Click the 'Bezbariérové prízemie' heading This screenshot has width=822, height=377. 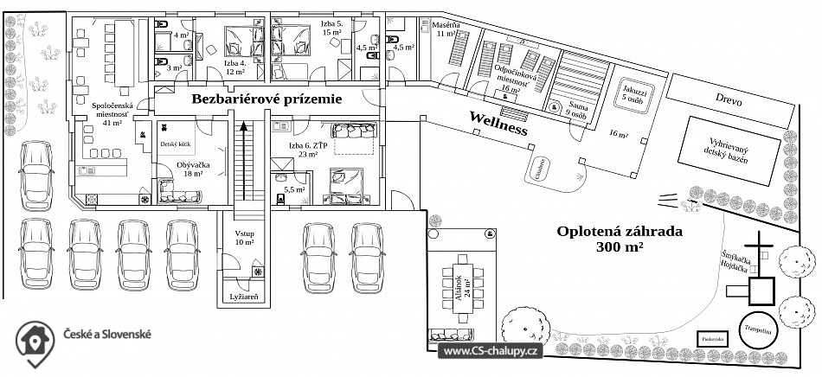point(267,99)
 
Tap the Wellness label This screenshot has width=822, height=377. point(498,122)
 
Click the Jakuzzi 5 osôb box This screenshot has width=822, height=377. point(634,93)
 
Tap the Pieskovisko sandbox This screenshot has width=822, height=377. point(713,338)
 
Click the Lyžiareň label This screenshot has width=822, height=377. point(243,297)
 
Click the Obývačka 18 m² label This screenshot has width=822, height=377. point(189,169)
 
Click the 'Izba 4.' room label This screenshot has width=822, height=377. point(235,67)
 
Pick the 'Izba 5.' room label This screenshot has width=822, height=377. point(332,29)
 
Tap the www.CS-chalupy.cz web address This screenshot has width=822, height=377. point(491,351)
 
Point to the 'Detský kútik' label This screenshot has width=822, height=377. point(175,144)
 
